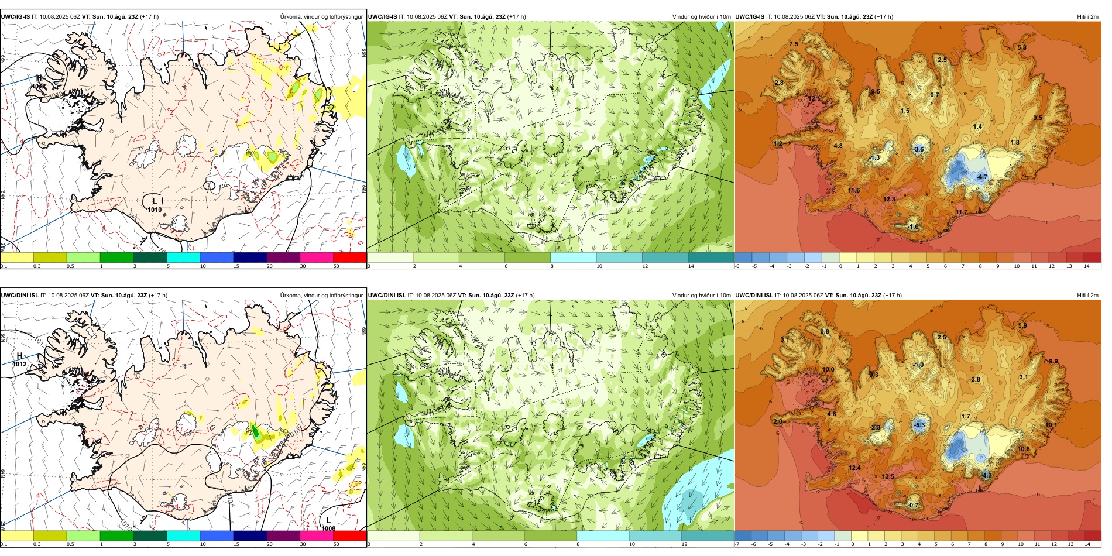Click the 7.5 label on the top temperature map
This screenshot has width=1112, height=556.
click(x=793, y=44)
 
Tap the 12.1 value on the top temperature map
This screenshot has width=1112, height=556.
click(x=814, y=99)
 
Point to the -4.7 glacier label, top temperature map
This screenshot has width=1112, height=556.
click(x=981, y=177)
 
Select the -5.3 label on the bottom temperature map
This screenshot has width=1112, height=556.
click(x=919, y=425)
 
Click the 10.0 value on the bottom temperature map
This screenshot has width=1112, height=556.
click(x=828, y=370)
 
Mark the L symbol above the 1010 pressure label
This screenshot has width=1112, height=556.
click(x=155, y=201)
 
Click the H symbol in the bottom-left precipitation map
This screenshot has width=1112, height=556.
click(x=19, y=356)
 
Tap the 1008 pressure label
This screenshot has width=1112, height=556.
click(x=328, y=528)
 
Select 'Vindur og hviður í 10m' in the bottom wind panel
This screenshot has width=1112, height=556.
click(x=701, y=296)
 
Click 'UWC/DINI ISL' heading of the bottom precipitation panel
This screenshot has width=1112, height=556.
click(x=19, y=296)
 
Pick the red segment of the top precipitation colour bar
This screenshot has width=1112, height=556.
click(x=349, y=258)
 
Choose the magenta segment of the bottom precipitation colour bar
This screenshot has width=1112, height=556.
click(x=316, y=536)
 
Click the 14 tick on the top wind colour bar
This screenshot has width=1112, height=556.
click(x=691, y=266)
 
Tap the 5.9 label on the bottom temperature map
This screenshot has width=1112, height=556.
click(x=1022, y=326)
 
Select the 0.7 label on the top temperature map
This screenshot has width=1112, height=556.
click(x=934, y=95)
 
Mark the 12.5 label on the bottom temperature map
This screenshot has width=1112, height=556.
click(x=888, y=476)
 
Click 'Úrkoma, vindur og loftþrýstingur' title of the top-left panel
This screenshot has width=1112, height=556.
click(x=321, y=17)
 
